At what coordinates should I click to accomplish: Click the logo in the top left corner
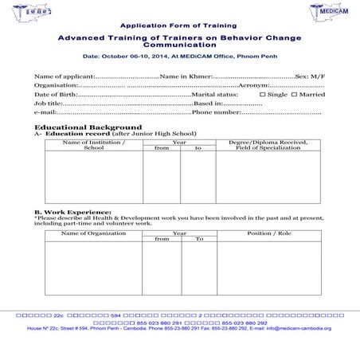(29, 14)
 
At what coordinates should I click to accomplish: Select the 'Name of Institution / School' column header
(94, 145)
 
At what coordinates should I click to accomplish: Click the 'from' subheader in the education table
(162, 148)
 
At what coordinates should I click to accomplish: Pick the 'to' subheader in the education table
(198, 148)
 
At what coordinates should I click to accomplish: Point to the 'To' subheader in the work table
(199, 239)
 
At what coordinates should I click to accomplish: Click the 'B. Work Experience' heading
(72, 212)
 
